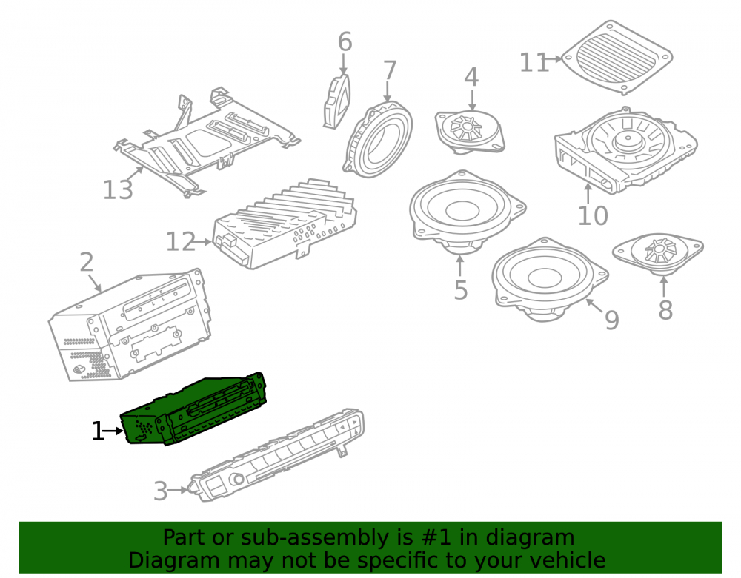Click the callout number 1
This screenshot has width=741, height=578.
point(97,431)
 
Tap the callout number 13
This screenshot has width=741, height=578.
point(118,189)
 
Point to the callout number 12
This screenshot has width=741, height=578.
point(181,241)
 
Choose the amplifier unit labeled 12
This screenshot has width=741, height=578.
point(285,224)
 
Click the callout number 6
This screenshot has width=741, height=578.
point(345,42)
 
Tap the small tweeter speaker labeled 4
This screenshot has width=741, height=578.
point(469,132)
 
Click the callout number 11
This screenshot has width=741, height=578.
point(534,62)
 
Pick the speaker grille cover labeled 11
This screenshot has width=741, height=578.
point(617,57)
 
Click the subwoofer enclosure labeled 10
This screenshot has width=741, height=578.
point(625,150)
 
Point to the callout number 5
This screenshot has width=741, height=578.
point(461,289)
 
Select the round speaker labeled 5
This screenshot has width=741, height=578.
point(468,212)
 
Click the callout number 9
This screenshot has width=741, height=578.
point(612,320)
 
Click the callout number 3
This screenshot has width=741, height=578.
point(161,491)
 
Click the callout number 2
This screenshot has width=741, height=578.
point(87,262)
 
